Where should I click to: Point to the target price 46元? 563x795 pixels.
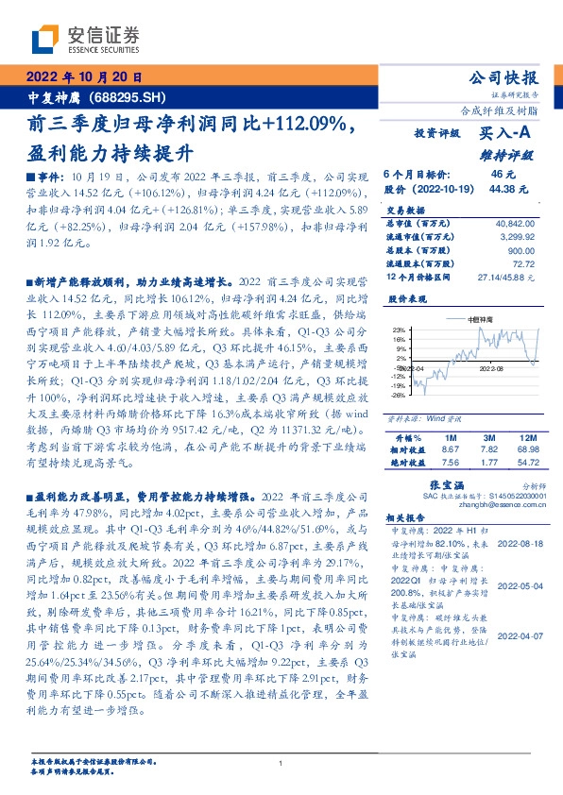click(502, 175)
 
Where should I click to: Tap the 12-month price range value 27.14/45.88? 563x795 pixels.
click(508, 277)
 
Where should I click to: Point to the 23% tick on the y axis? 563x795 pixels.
click(399, 330)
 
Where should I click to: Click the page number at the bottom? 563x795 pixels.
click(281, 764)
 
